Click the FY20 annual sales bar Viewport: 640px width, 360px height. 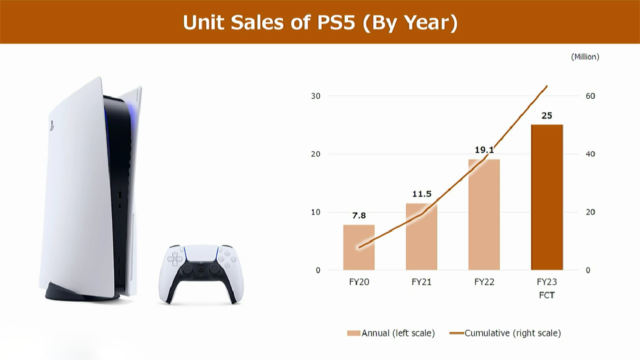(359, 247)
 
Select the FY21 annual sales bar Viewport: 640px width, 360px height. (421, 237)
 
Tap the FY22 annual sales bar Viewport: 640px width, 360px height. (484, 215)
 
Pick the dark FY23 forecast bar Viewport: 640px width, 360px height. (547, 197)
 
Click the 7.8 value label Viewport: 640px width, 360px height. (359, 216)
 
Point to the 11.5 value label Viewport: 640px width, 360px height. (422, 194)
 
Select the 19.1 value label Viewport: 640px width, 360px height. (484, 150)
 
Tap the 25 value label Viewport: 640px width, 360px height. (547, 116)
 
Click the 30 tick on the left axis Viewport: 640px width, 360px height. (316, 96)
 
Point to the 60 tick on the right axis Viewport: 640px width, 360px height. (590, 96)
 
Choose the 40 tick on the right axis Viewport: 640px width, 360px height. (590, 154)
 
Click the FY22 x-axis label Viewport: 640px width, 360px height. (484, 282)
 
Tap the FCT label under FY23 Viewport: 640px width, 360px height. (547, 295)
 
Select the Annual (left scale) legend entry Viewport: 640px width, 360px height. (391, 333)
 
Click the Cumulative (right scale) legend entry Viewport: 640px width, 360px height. (505, 333)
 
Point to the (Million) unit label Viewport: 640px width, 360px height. (585, 57)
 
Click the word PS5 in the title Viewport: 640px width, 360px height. (336, 23)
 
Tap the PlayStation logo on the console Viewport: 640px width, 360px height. (52, 125)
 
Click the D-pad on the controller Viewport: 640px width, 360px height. (175, 259)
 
